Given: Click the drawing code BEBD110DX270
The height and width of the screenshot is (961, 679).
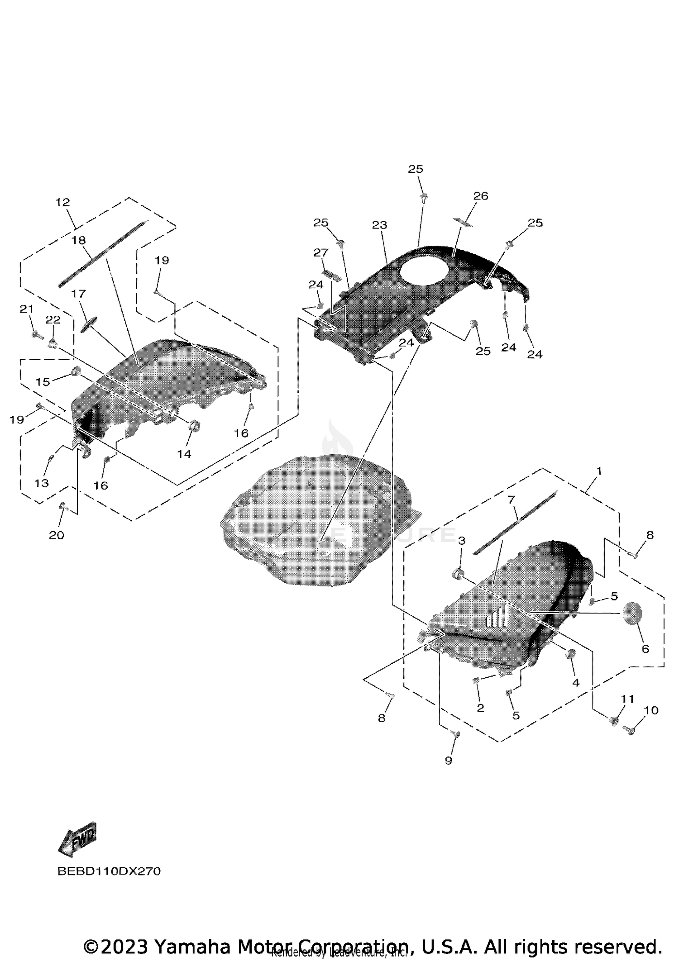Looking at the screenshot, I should pyautogui.click(x=109, y=871).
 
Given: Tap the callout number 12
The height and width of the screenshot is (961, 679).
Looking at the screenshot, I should pyautogui.click(x=63, y=202).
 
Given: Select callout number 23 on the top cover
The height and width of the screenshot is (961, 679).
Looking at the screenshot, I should pyautogui.click(x=380, y=225).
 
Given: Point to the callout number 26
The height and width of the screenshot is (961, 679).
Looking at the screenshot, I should pyautogui.click(x=481, y=196).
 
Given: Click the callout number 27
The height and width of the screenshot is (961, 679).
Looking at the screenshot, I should pyautogui.click(x=320, y=252).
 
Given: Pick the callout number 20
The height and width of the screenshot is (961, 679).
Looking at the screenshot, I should pyautogui.click(x=57, y=535).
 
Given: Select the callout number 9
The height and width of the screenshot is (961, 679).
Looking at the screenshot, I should pyautogui.click(x=449, y=761).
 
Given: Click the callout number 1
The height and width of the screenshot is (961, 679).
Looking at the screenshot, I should pyautogui.click(x=599, y=471).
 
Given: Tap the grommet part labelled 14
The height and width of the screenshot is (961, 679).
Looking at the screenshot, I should pyautogui.click(x=195, y=426).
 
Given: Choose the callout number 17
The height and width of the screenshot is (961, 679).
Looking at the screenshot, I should pyautogui.click(x=78, y=294).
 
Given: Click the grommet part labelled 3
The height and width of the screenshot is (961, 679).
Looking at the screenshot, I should pyautogui.click(x=458, y=574).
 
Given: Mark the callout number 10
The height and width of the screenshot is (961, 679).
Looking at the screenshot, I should pyautogui.click(x=650, y=710).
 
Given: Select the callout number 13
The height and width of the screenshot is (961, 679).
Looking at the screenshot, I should pyautogui.click(x=41, y=483).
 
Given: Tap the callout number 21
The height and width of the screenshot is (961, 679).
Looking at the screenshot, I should pyautogui.click(x=26, y=309).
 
